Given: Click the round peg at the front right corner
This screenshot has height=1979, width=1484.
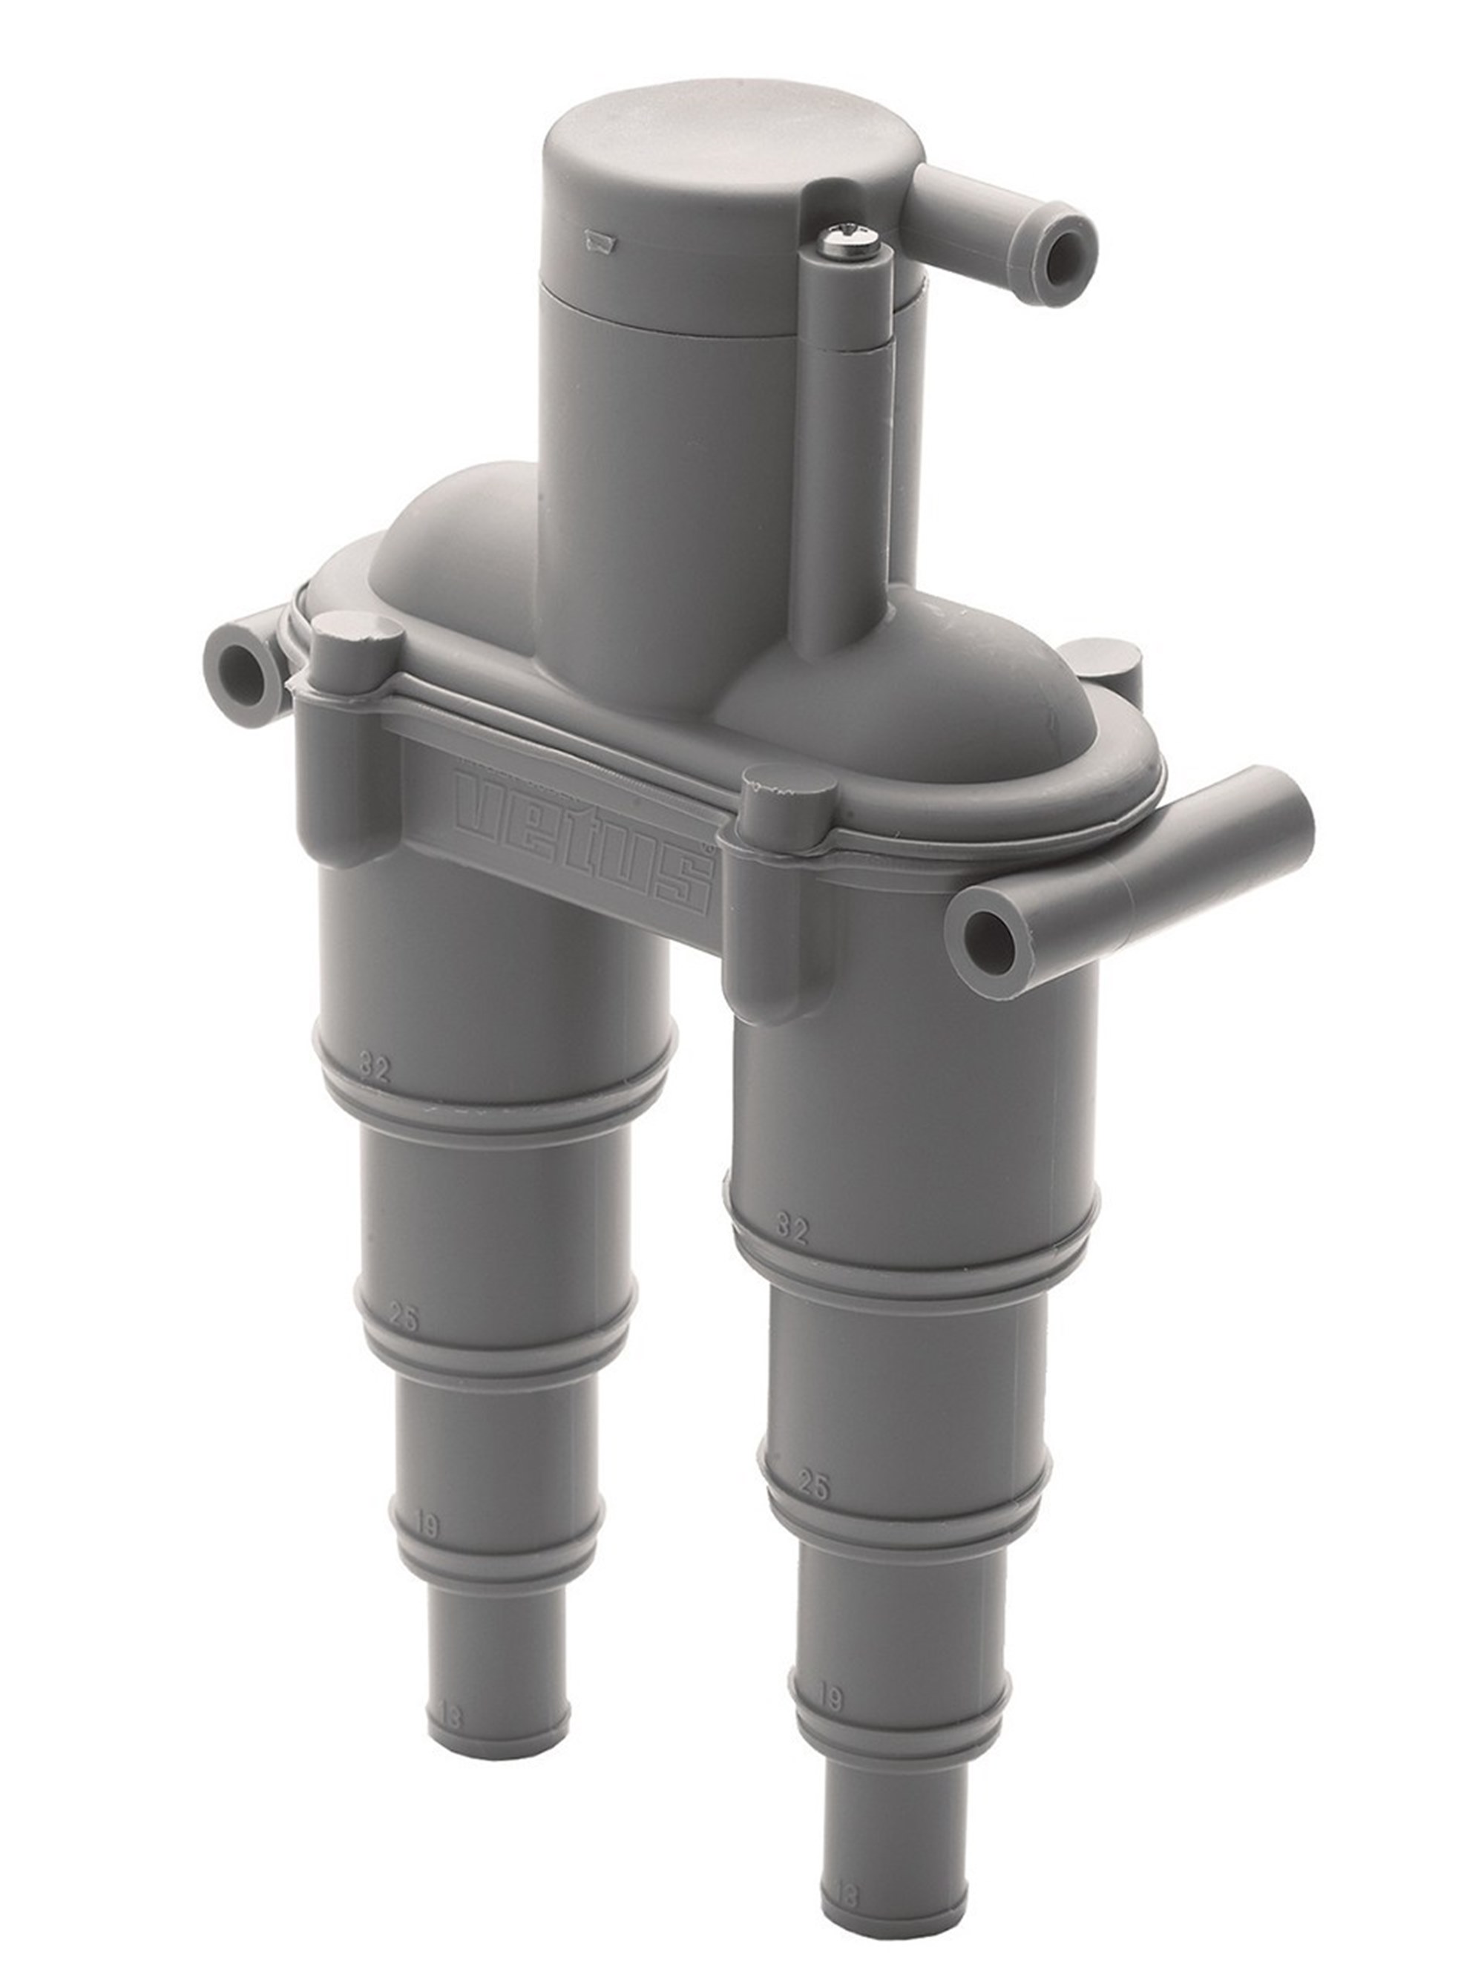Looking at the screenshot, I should (788, 788).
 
